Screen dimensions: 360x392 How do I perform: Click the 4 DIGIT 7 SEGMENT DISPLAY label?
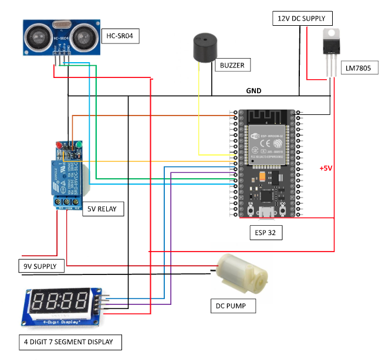69,342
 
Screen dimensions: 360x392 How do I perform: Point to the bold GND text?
254,91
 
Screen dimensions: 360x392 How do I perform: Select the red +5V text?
326,168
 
